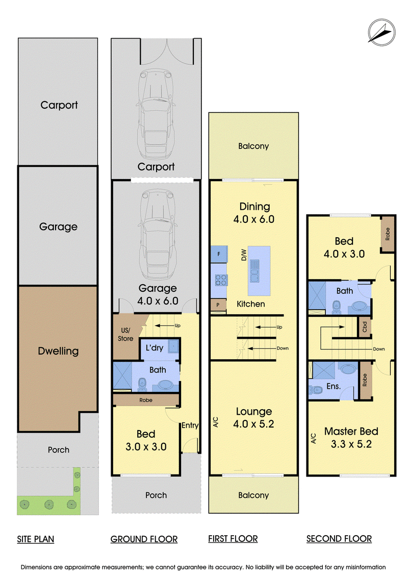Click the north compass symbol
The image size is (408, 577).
click(x=382, y=32)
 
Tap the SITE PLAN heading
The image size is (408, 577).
click(x=35, y=539)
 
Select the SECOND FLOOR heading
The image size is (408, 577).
click(x=339, y=539)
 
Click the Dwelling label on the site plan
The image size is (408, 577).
click(x=58, y=351)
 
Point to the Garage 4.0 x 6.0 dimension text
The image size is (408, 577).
click(x=158, y=301)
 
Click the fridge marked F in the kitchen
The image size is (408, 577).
click(x=219, y=254)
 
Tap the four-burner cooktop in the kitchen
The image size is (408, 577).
click(x=221, y=280)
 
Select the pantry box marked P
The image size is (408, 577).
click(x=218, y=305)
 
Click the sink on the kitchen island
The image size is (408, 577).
click(x=254, y=270)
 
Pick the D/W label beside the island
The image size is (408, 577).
click(x=244, y=255)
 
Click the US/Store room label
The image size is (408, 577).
click(x=125, y=335)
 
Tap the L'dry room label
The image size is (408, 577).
click(x=155, y=348)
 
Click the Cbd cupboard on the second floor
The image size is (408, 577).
click(x=365, y=327)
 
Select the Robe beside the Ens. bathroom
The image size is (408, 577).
click(x=365, y=380)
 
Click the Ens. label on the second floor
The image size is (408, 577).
click(x=334, y=386)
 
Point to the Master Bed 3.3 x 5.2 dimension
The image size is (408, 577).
click(x=351, y=444)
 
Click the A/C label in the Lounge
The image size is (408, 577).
click(x=216, y=422)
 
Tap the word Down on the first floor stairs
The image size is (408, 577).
click(x=283, y=348)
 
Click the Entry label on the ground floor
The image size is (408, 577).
click(x=190, y=425)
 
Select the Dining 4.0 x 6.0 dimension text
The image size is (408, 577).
click(x=254, y=219)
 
